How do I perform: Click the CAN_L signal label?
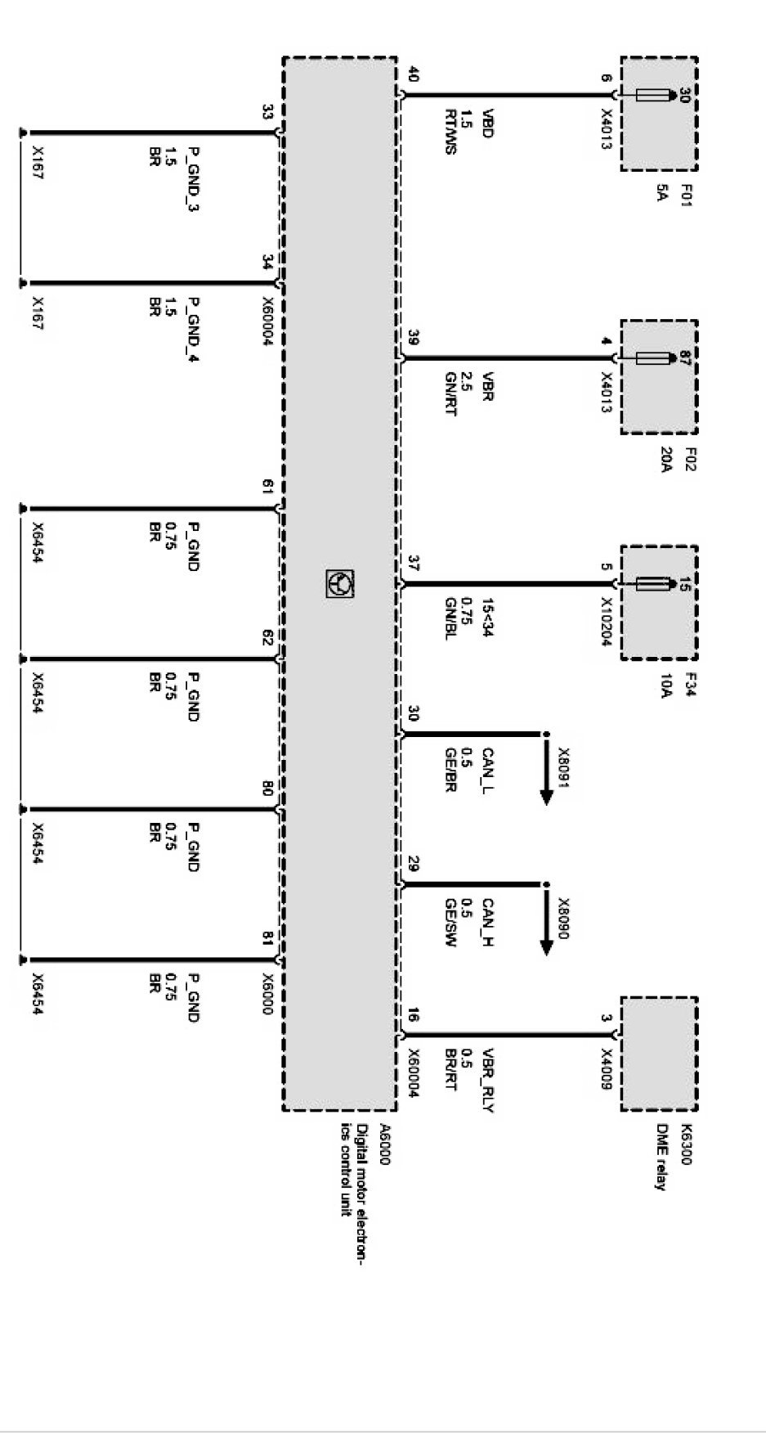point(488,772)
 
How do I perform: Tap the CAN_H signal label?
point(488,923)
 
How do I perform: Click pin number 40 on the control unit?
point(412,74)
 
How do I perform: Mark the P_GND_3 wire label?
point(194,178)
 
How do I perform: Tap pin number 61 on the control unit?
point(267,488)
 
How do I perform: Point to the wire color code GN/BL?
point(450,618)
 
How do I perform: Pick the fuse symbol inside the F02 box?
point(653,358)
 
